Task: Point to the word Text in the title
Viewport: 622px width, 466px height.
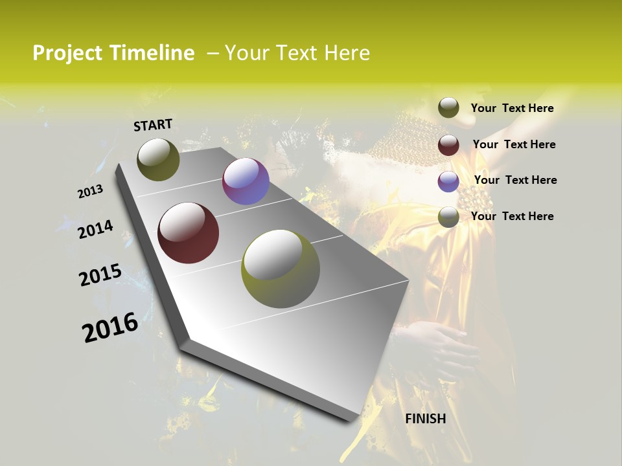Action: click(x=295, y=53)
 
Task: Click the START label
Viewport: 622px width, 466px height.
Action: click(x=153, y=124)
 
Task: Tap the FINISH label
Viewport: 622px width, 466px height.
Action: click(x=425, y=419)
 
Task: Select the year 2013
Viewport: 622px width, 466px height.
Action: click(x=90, y=192)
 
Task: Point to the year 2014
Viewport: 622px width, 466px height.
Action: click(x=95, y=229)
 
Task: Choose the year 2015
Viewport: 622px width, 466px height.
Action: click(x=100, y=274)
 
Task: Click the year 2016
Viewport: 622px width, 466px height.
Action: click(x=110, y=326)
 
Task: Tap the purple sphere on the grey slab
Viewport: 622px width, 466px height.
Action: click(x=246, y=181)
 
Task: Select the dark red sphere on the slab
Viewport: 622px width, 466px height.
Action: click(x=188, y=233)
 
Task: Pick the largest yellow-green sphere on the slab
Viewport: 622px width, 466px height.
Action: click(x=281, y=269)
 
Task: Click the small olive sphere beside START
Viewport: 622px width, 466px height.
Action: click(x=158, y=159)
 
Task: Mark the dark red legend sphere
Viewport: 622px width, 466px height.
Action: click(x=448, y=145)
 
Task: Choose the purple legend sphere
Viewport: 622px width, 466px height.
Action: click(x=448, y=181)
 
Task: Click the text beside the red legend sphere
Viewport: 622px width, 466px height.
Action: click(x=514, y=144)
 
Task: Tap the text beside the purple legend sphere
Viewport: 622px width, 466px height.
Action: click(x=515, y=180)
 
